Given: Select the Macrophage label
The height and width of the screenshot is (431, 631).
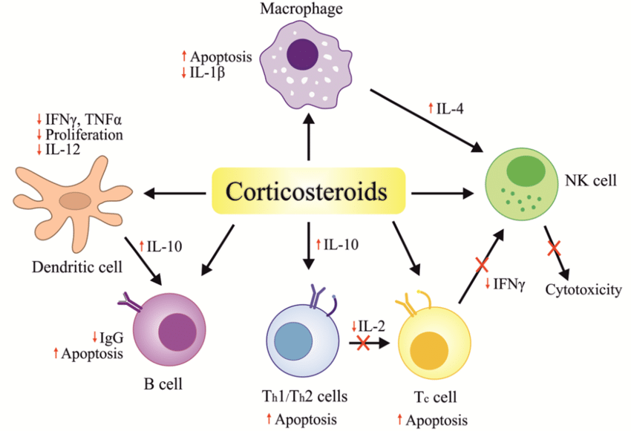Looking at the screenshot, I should pos(301,9).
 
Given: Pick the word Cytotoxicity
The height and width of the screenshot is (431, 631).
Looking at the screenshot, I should pos(583,289).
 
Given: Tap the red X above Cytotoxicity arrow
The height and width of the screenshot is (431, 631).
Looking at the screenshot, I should pos(553,249).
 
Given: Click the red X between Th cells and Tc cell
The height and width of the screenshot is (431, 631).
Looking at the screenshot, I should pos(363,343).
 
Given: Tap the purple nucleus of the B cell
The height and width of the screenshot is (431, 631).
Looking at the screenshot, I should pos(176,331).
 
